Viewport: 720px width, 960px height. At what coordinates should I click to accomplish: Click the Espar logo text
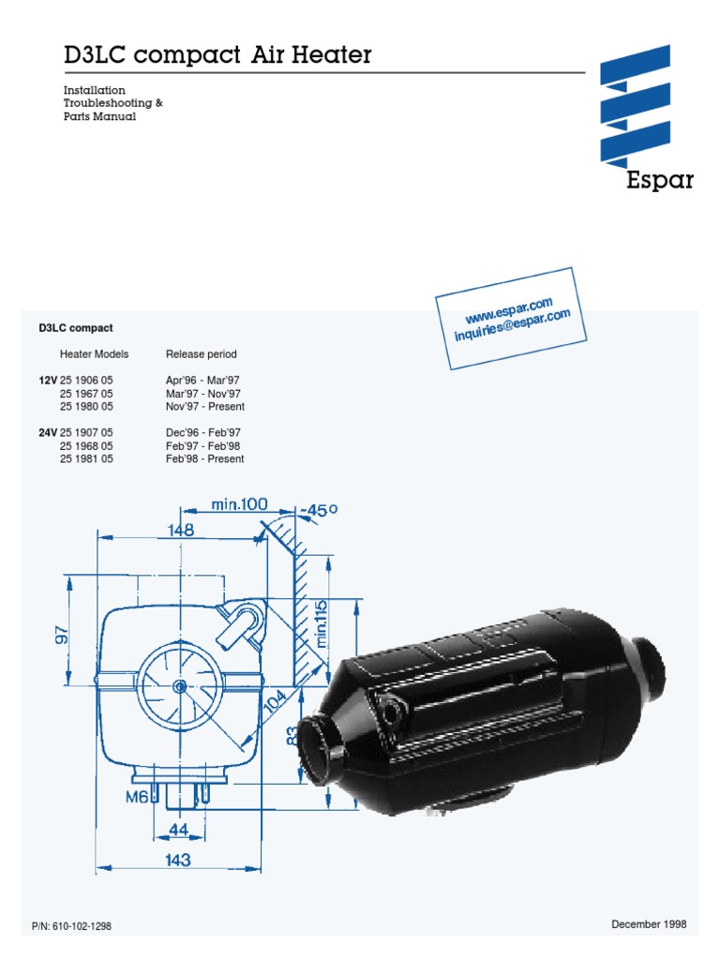coord(660,180)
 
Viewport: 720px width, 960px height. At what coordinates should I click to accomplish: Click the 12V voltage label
coord(47,381)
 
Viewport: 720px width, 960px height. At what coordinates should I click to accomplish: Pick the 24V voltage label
coord(47,432)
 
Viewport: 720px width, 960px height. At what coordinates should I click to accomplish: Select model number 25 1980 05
coord(86,407)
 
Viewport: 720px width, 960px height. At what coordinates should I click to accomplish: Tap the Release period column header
coord(201,354)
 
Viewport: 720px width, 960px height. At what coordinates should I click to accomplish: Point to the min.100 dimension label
coord(239,505)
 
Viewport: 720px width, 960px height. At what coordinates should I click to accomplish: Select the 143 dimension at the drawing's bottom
coord(177,860)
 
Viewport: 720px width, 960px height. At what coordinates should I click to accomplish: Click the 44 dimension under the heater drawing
coord(177,829)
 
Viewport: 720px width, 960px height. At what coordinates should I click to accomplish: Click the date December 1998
coord(649,924)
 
